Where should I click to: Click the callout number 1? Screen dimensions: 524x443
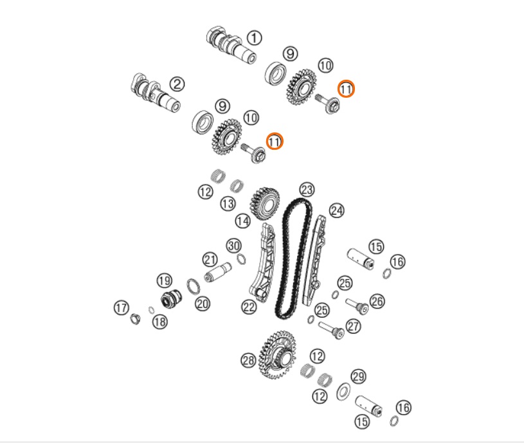click(x=255, y=38)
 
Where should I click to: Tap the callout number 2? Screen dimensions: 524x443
click(x=177, y=84)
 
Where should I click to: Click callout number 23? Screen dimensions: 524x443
click(x=307, y=190)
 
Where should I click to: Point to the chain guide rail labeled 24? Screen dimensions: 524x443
click(x=315, y=260)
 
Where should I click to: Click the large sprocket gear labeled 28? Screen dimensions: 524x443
click(x=278, y=355)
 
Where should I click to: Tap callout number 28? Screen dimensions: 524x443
click(x=248, y=361)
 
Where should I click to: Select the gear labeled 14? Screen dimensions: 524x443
click(x=265, y=204)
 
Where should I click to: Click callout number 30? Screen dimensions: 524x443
click(x=234, y=246)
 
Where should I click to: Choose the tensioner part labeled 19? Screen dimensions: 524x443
click(x=172, y=298)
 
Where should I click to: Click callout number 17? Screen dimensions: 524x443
click(x=122, y=308)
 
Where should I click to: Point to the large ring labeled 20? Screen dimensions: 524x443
click(x=193, y=286)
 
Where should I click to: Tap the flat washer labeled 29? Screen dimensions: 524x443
click(x=343, y=392)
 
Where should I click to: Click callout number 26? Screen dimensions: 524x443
click(x=377, y=301)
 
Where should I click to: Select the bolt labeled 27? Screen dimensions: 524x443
click(x=331, y=330)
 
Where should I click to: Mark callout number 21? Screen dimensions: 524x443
click(x=210, y=260)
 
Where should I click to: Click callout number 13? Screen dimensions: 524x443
click(x=228, y=203)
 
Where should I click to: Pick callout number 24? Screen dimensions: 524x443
click(x=336, y=211)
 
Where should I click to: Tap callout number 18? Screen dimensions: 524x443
click(x=159, y=321)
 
